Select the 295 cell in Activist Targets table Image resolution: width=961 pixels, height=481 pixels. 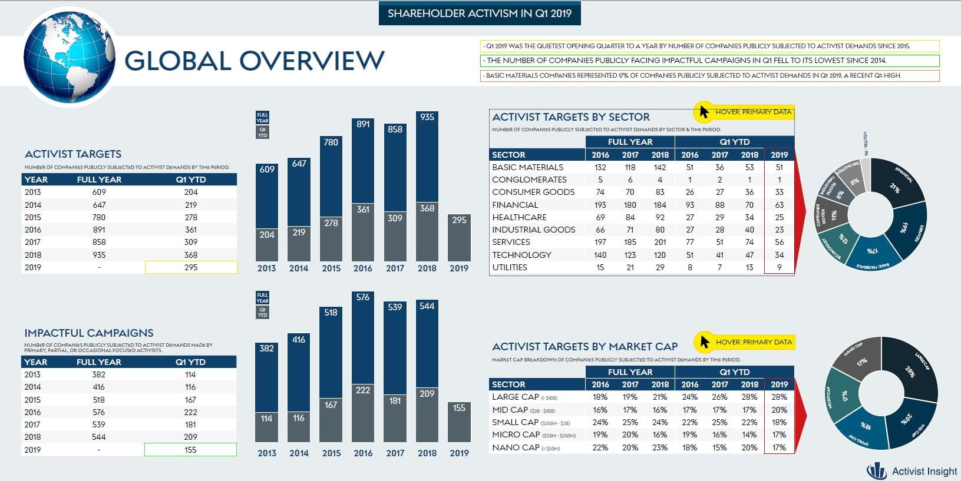(191, 267)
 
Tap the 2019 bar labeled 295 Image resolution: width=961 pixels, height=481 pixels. (459, 238)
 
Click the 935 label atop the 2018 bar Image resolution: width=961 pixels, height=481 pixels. (427, 117)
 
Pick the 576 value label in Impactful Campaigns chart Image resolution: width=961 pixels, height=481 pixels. (363, 297)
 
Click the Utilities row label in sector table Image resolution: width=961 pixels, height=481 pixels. (510, 267)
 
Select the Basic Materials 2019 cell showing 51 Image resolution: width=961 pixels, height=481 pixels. (779, 167)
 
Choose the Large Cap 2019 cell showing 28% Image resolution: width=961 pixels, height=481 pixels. (779, 397)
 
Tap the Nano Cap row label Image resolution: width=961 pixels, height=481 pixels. (516, 447)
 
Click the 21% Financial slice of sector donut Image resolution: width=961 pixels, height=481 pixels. (895, 184)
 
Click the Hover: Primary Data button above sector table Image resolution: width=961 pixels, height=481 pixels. (744, 111)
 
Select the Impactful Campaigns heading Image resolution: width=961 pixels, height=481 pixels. (89, 333)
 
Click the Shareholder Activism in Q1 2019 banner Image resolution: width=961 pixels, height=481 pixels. (480, 14)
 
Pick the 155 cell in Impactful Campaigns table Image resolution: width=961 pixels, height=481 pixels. (190, 450)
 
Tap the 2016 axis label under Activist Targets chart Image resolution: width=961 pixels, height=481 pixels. (363, 268)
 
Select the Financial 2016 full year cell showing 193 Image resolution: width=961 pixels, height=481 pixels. (600, 205)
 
